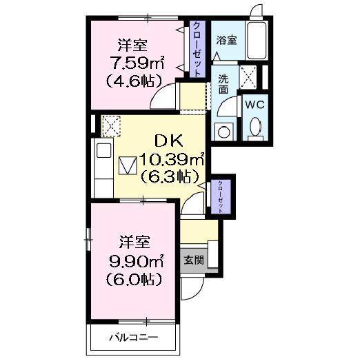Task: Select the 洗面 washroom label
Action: click(224, 83)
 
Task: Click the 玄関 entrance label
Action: click(193, 260)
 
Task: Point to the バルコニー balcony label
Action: click(134, 338)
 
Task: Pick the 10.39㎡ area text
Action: click(172, 160)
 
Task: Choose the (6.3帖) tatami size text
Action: click(169, 177)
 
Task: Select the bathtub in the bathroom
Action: click(259, 43)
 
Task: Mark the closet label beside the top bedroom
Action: click(198, 49)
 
